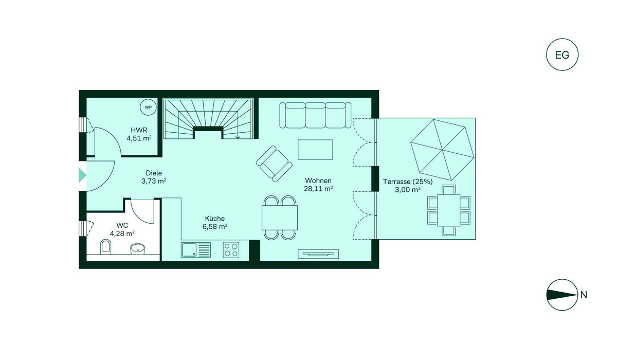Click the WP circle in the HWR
click(148, 107)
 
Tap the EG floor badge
click(562, 55)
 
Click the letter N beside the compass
click(584, 295)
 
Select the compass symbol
click(562, 295)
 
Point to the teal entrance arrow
click(82, 175)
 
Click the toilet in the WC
click(105, 246)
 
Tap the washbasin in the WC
click(137, 249)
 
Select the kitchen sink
click(196, 250)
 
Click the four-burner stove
click(231, 250)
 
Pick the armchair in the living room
click(274, 164)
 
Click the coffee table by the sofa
click(315, 150)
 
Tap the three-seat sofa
click(315, 115)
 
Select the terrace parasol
click(442, 150)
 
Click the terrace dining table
click(449, 210)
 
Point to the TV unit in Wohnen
click(318, 254)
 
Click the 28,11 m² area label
click(318, 189)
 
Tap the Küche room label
click(215, 219)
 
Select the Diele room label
click(154, 173)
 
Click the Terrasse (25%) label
click(408, 182)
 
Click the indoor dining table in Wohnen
click(280, 218)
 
